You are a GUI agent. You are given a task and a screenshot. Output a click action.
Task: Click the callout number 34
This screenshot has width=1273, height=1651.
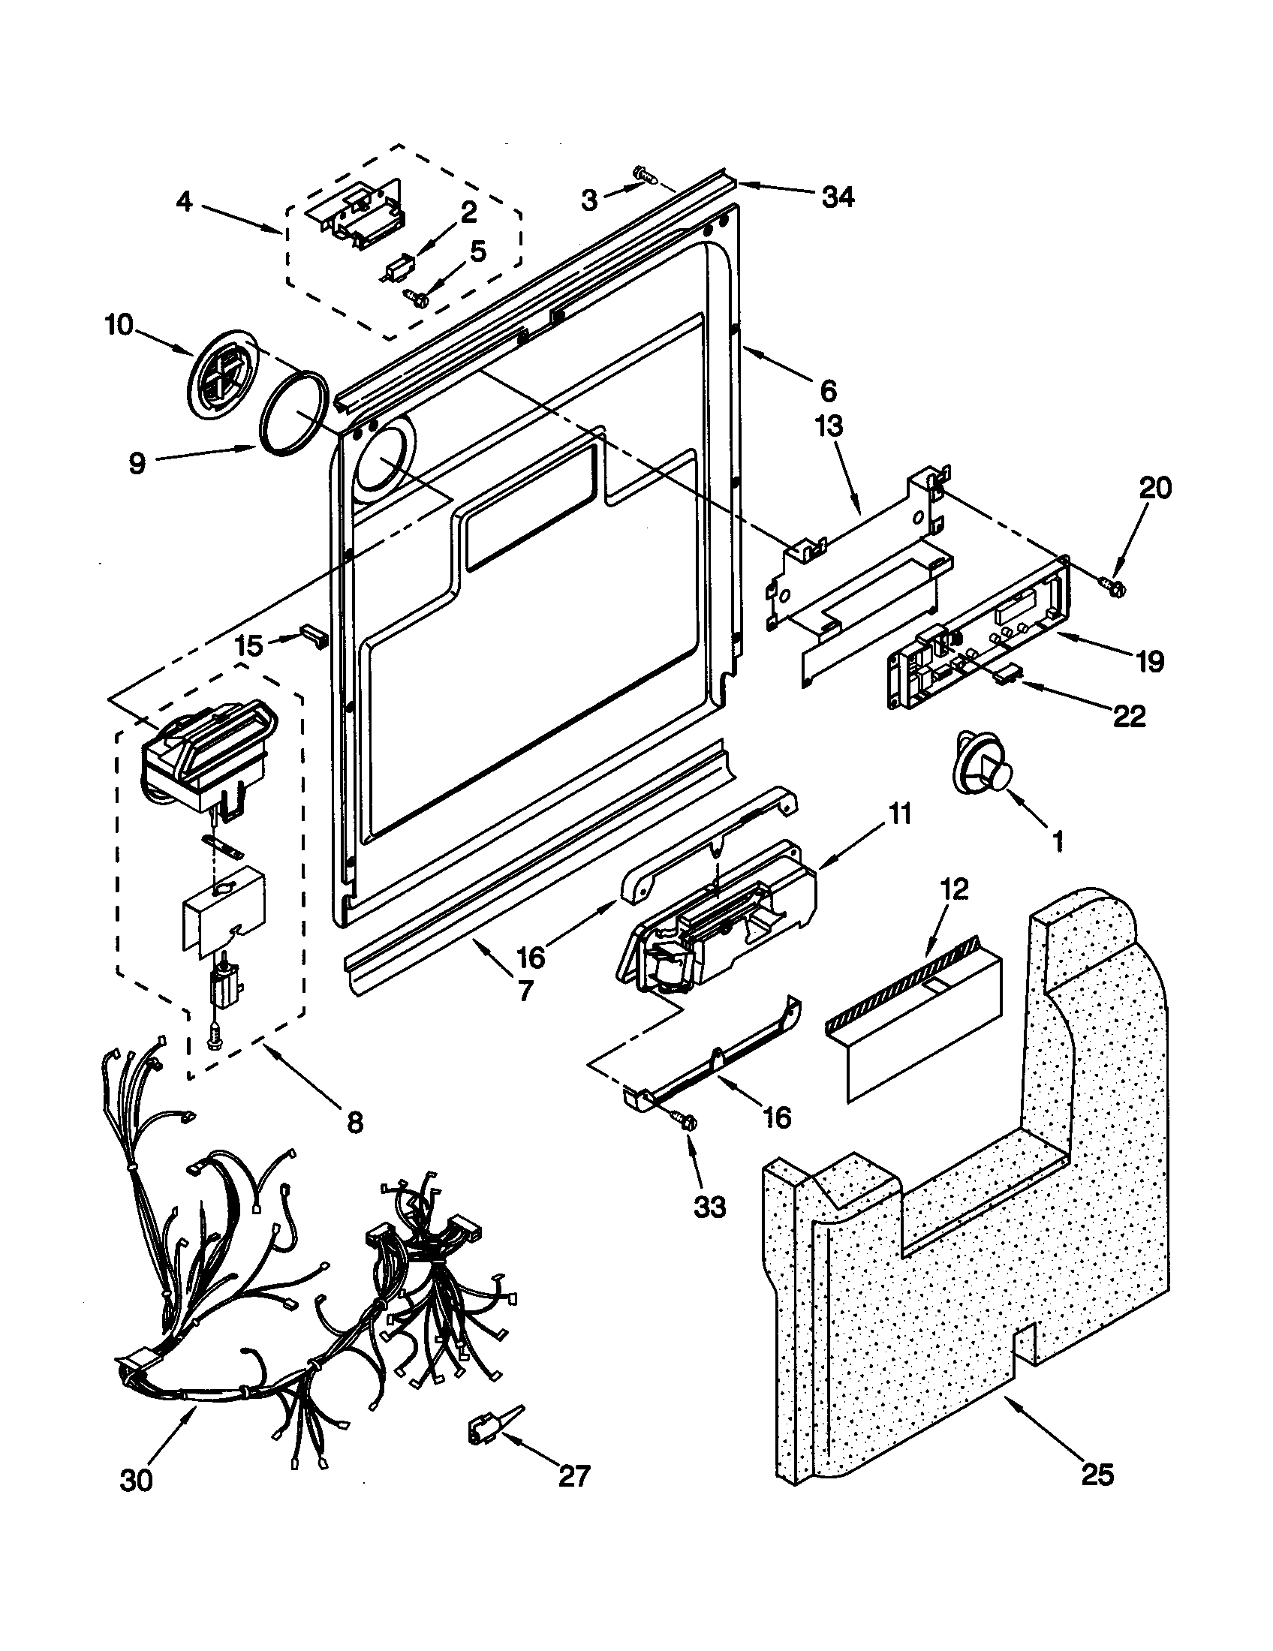(x=837, y=197)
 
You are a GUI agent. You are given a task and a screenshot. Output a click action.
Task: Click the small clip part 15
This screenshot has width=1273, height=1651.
(x=314, y=634)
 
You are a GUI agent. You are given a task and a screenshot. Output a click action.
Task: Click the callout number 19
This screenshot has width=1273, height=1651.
(x=1150, y=661)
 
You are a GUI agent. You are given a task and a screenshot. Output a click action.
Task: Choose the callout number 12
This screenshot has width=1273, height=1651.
(x=956, y=890)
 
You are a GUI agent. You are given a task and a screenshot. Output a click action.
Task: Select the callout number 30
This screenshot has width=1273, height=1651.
(x=136, y=1480)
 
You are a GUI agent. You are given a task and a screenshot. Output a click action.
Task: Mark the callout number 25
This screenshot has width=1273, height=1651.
(x=1097, y=1474)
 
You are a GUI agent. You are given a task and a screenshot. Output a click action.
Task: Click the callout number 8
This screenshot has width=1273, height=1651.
(x=354, y=1122)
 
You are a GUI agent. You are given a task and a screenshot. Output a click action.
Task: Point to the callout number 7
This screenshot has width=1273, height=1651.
(x=525, y=990)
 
